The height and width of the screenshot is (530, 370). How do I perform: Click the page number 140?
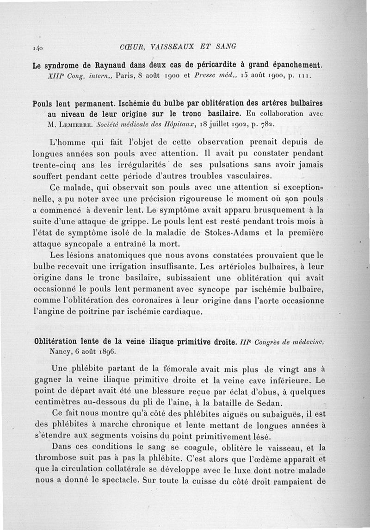click(38, 47)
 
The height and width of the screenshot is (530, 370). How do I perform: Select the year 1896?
click(103, 351)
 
